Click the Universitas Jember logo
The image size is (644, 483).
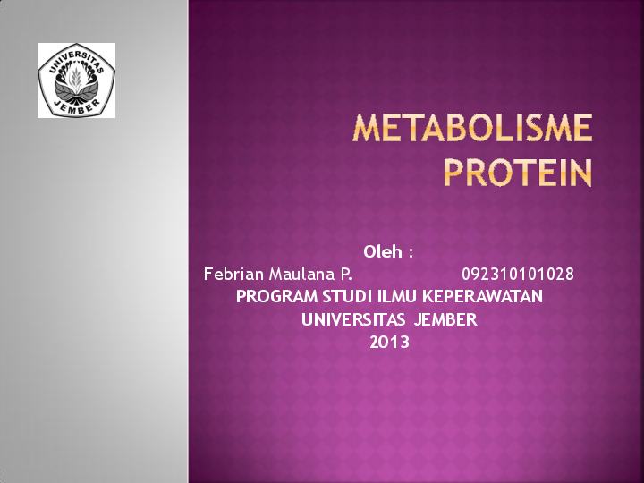click(x=76, y=80)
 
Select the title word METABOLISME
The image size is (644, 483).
click(x=472, y=130)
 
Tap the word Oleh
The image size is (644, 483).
click(x=382, y=251)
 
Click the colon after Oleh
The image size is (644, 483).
click(x=410, y=252)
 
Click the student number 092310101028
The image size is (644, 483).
click(x=518, y=274)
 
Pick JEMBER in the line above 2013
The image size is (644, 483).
click(x=445, y=319)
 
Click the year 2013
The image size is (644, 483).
click(x=389, y=342)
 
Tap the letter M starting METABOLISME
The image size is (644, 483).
click(x=366, y=130)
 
